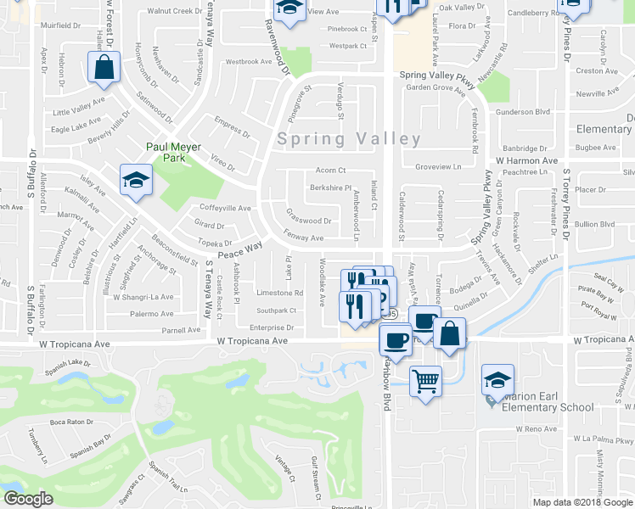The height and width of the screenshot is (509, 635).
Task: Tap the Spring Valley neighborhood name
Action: [x=349, y=139]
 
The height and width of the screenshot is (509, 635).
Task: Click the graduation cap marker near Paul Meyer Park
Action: [x=135, y=180]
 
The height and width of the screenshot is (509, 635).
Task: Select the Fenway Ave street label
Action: [x=304, y=238]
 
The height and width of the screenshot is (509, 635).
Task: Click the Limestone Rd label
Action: [x=279, y=293]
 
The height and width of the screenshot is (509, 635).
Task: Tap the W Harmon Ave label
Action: [x=526, y=160]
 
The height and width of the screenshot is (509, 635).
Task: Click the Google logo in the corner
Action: [x=27, y=500]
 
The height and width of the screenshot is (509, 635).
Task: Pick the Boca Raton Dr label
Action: [x=70, y=422]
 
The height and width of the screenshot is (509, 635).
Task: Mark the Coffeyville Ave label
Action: [x=225, y=208]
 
